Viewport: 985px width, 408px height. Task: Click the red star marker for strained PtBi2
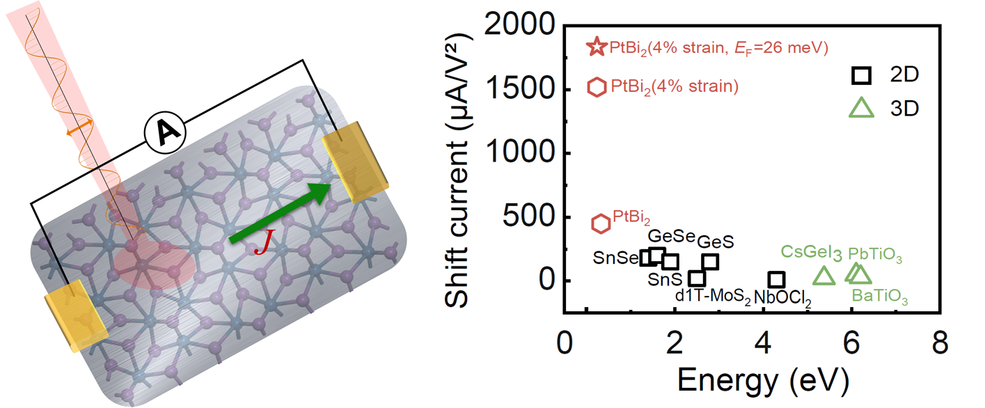tap(597, 47)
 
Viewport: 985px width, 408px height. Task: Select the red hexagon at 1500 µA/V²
tap(597, 87)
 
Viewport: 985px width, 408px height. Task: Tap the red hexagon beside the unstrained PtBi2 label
tap(601, 223)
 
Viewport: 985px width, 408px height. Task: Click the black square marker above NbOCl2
tap(777, 280)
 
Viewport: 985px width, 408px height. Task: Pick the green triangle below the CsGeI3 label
tap(824, 276)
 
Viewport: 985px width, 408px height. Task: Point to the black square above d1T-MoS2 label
tap(697, 278)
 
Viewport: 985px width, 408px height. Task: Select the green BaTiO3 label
tap(880, 299)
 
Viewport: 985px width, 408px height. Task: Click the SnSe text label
tap(615, 258)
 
